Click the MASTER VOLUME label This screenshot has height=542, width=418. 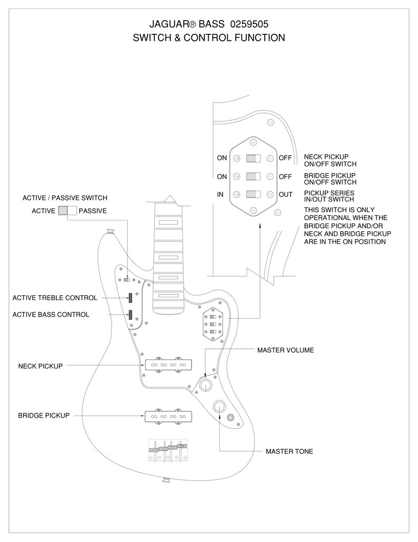coord(285,350)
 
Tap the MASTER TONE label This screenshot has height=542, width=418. coord(289,451)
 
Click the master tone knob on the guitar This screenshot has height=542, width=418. coord(220,406)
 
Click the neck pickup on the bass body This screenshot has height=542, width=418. coord(169,365)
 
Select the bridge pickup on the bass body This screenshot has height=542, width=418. coord(169,416)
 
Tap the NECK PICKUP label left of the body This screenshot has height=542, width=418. coord(40,366)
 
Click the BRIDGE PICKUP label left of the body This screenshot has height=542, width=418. coord(44,415)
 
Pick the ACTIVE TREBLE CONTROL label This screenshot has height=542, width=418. coord(55,298)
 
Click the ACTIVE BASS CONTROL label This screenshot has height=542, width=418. coord(51,314)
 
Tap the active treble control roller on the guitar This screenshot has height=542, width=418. coord(131,297)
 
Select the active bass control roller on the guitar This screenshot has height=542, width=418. coord(131,314)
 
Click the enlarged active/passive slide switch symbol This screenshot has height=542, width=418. coord(67,211)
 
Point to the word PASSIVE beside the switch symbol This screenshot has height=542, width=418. coord(92,211)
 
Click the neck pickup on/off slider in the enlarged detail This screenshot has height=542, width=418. coord(253,158)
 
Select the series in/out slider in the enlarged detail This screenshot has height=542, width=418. coord(253,194)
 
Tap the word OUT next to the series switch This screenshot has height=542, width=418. coord(285,195)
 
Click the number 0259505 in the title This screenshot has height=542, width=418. coord(249,24)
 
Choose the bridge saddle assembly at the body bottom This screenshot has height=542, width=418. coord(168,451)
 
